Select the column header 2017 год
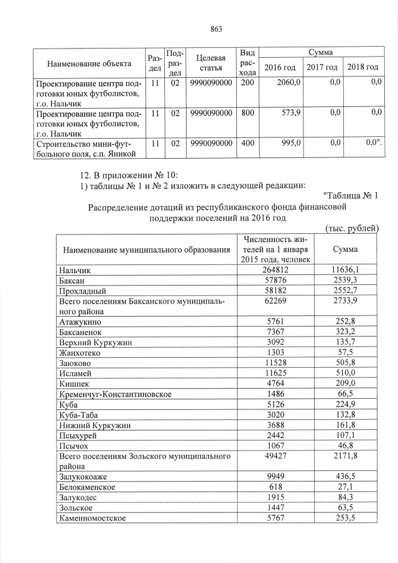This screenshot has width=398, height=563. pyautogui.click(x=322, y=67)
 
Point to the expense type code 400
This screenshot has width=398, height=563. pyautogui.click(x=248, y=143)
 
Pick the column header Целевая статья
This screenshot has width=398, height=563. pyautogui.click(x=211, y=62)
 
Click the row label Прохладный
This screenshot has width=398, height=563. pyautogui.click(x=82, y=291)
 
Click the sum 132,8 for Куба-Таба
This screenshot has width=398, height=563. pyautogui.click(x=345, y=416)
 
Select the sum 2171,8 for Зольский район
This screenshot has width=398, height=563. pyautogui.click(x=345, y=458)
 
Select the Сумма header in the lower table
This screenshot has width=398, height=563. pyautogui.click(x=345, y=249)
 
